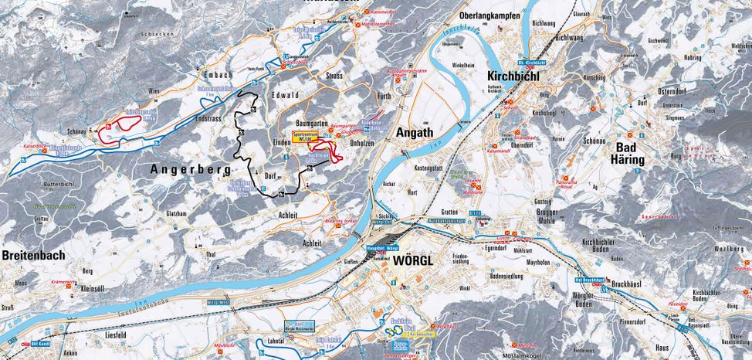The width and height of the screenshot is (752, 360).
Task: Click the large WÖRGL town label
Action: click(414, 260)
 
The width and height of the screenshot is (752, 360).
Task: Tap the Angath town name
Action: click(415, 133)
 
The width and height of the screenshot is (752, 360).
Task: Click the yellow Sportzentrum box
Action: click(307, 133)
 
